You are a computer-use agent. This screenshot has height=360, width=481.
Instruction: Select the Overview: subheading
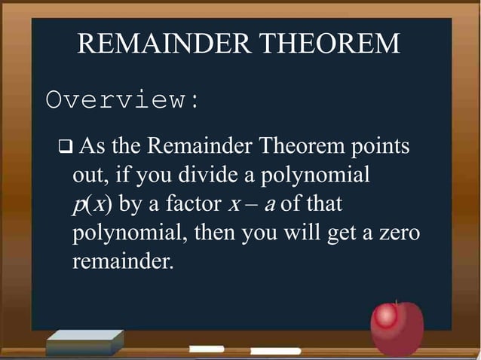click(123, 100)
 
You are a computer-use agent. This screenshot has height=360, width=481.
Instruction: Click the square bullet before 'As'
click(63, 145)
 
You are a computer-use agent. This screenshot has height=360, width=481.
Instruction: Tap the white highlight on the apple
click(387, 317)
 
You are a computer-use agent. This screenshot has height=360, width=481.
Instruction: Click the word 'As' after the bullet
click(92, 145)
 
